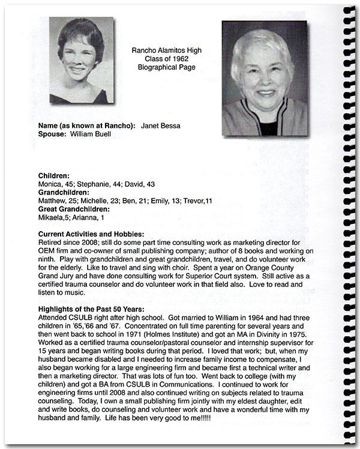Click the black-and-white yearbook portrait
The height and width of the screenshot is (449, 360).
tap(82, 60)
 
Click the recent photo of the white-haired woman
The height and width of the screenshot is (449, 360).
tap(264, 79)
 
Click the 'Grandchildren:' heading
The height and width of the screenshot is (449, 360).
tap(64, 192)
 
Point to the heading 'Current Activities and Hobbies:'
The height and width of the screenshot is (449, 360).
tap(91, 234)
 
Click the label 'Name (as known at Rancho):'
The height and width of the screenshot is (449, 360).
tap(86, 125)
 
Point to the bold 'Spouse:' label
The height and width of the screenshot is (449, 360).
tap(52, 134)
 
